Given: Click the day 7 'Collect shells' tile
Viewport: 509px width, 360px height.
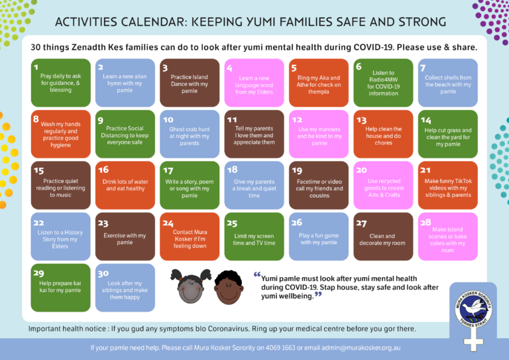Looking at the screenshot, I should point(447,84).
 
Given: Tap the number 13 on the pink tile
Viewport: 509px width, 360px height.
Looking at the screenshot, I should point(361,120).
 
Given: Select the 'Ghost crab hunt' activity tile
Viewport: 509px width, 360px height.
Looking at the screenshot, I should point(189,135).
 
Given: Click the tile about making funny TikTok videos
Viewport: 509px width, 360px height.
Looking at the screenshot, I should point(447,186).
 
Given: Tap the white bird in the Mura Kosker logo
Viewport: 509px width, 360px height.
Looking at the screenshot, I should point(472,308).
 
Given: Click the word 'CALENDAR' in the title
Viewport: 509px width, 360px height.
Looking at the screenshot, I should point(150,22).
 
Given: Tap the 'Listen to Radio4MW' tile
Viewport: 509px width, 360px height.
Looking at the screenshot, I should point(383,84).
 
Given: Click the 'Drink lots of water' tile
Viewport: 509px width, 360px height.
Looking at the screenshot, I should point(124,186).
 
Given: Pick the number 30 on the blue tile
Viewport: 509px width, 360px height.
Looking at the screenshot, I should point(103,272).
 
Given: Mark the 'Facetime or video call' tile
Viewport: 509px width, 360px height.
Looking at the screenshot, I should point(318,186).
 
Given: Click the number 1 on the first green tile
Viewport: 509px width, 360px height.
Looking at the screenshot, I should point(36,67).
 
